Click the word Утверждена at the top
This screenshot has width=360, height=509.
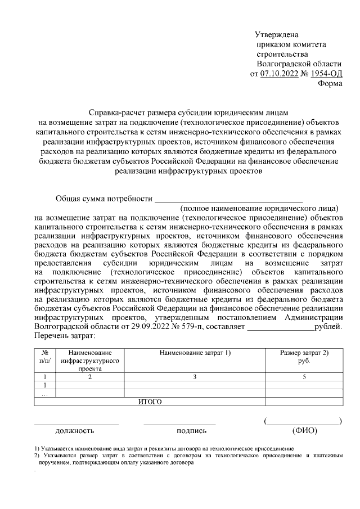pyautogui.click(x=276, y=34)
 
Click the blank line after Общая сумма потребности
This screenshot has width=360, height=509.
pyautogui.click(x=228, y=199)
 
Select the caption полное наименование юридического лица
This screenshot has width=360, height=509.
pyautogui.click(x=259, y=209)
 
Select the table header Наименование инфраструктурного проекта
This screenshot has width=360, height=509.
pyautogui.click(x=89, y=361)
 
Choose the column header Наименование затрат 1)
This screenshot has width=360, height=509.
pyautogui.click(x=195, y=353)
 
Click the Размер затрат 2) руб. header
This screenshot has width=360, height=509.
pyautogui.click(x=304, y=356)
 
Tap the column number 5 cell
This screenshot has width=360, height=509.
pyautogui.click(x=304, y=377)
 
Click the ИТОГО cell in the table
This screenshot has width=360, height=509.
pyautogui.click(x=150, y=402)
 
